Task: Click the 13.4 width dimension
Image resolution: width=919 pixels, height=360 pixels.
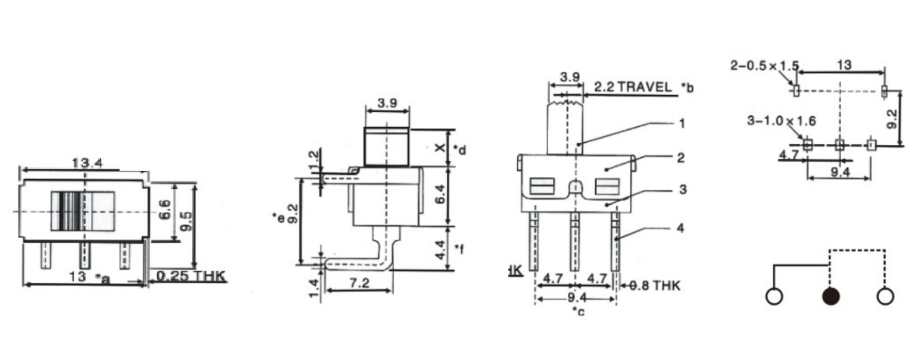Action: point(84,162)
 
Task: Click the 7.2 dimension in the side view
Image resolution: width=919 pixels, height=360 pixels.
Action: point(359,283)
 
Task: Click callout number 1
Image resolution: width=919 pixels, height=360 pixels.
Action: point(681,124)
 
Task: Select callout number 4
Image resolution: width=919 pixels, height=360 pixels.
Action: point(681,228)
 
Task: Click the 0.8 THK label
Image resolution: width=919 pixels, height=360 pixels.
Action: point(650,286)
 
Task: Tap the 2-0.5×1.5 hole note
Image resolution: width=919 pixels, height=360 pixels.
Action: point(764,66)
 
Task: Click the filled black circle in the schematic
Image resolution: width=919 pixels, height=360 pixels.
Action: point(831,297)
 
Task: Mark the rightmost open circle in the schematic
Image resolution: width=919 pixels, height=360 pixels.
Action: point(885,297)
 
